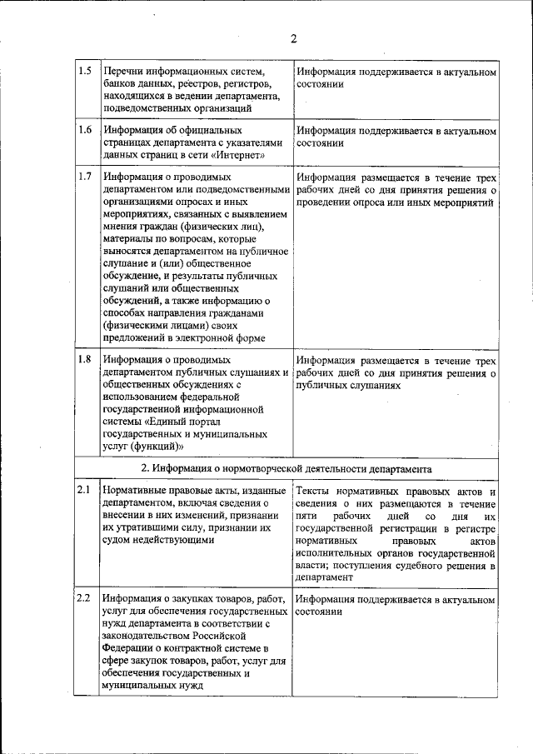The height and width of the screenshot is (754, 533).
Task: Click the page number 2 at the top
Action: [x=294, y=37]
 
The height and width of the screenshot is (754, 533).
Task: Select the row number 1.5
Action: [x=84, y=71]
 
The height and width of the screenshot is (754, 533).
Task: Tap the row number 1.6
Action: [x=84, y=130]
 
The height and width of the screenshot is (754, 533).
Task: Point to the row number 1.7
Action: [x=84, y=177]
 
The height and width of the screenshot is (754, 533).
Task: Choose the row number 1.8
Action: [x=84, y=359]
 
